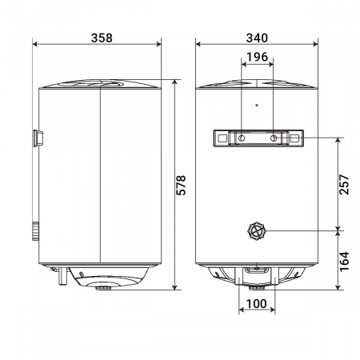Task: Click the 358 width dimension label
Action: click(x=101, y=38)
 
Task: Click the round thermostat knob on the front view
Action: click(x=256, y=232)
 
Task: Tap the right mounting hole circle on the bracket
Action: click(x=274, y=139)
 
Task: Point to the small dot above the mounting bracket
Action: click(x=256, y=105)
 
